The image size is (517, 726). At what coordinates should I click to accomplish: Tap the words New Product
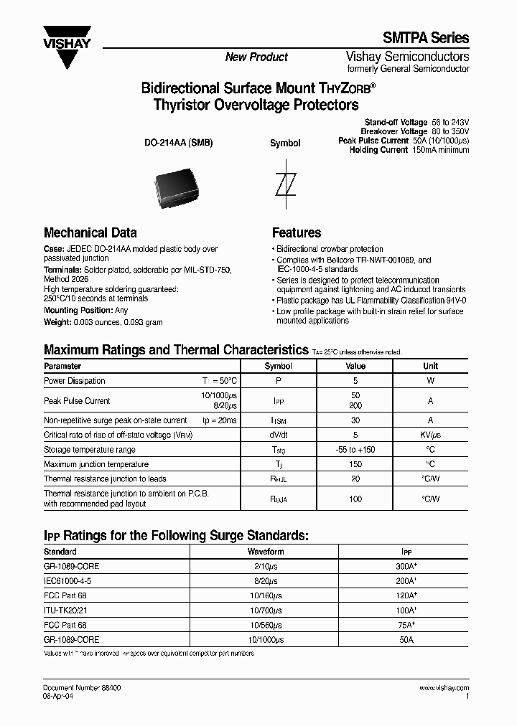pyautogui.click(x=256, y=57)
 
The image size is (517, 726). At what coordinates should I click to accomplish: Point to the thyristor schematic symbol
pyautogui.click(x=285, y=184)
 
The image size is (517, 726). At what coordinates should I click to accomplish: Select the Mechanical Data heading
pyautogui.click(x=90, y=233)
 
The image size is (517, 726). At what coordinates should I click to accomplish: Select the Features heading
pyautogui.click(x=297, y=233)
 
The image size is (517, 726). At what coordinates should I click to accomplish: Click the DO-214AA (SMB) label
pyautogui.click(x=179, y=143)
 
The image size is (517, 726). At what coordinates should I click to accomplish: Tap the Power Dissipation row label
pyautogui.click(x=75, y=381)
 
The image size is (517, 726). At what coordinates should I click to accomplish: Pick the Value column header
pyautogui.click(x=355, y=366)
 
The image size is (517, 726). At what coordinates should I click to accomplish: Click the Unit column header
pyautogui.click(x=430, y=366)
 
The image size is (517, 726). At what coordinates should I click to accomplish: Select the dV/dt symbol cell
pyautogui.click(x=279, y=435)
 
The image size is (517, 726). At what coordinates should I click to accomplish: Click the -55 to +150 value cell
pyautogui.click(x=355, y=450)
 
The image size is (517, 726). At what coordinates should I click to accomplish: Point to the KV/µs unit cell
pyautogui.click(x=430, y=435)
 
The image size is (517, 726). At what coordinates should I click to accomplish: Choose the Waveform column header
pyautogui.click(x=266, y=552)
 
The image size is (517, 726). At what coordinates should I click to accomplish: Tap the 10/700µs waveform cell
pyautogui.click(x=266, y=610)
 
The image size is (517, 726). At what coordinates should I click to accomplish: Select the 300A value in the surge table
pyautogui.click(x=406, y=567)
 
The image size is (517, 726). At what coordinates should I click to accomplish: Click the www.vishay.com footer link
pyautogui.click(x=445, y=687)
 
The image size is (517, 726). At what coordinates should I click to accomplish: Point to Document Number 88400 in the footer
pyautogui.click(x=82, y=687)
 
